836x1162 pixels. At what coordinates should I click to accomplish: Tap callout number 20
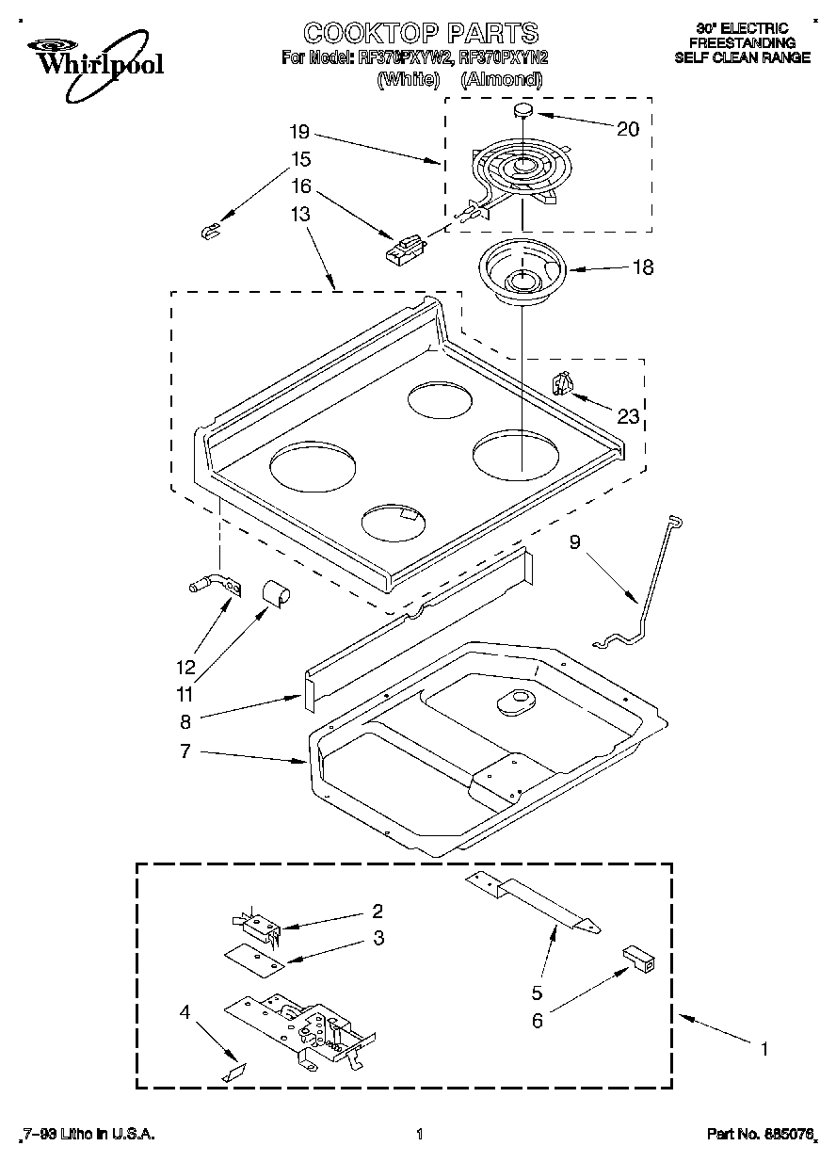click(x=628, y=129)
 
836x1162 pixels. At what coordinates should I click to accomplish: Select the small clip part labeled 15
click(x=210, y=230)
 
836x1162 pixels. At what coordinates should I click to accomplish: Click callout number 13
click(x=299, y=214)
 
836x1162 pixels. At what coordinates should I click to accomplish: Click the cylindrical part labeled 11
click(x=276, y=594)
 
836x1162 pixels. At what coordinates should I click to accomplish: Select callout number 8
click(x=185, y=721)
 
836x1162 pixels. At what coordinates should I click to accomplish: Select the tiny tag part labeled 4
click(x=233, y=1072)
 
